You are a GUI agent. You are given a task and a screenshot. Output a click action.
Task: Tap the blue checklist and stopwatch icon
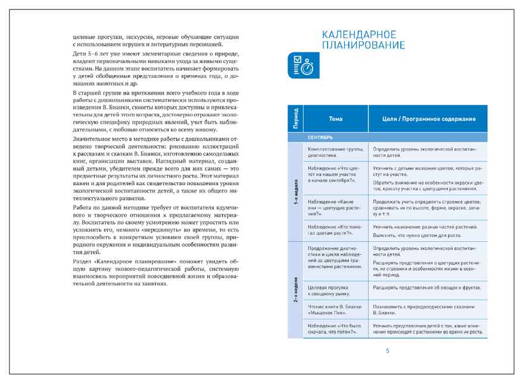(x=302, y=67)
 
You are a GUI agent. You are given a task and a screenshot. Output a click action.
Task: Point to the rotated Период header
(x=295, y=118)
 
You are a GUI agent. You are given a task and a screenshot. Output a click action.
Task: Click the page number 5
(x=387, y=351)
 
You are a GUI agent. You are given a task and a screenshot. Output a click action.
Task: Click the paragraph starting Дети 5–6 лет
(x=155, y=70)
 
